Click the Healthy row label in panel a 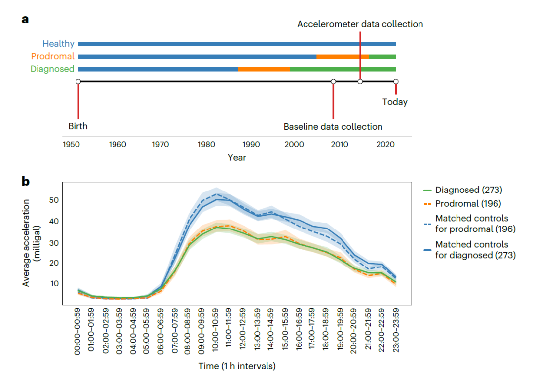click(58, 44)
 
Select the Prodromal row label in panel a click(52, 56)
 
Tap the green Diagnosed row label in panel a click(52, 69)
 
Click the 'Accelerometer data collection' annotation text click(360, 24)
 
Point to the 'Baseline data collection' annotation click(333, 127)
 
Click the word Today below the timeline click(395, 102)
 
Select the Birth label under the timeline click(78, 126)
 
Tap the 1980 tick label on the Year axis click(205, 145)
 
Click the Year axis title click(237, 158)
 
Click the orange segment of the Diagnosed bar click(264, 69)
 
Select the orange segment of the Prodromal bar click(343, 57)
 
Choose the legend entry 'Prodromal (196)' click(466, 203)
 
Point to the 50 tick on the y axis click(53, 200)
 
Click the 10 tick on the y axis click(53, 284)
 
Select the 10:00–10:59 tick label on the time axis click(216, 331)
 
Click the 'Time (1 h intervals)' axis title click(237, 367)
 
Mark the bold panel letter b click(25, 181)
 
